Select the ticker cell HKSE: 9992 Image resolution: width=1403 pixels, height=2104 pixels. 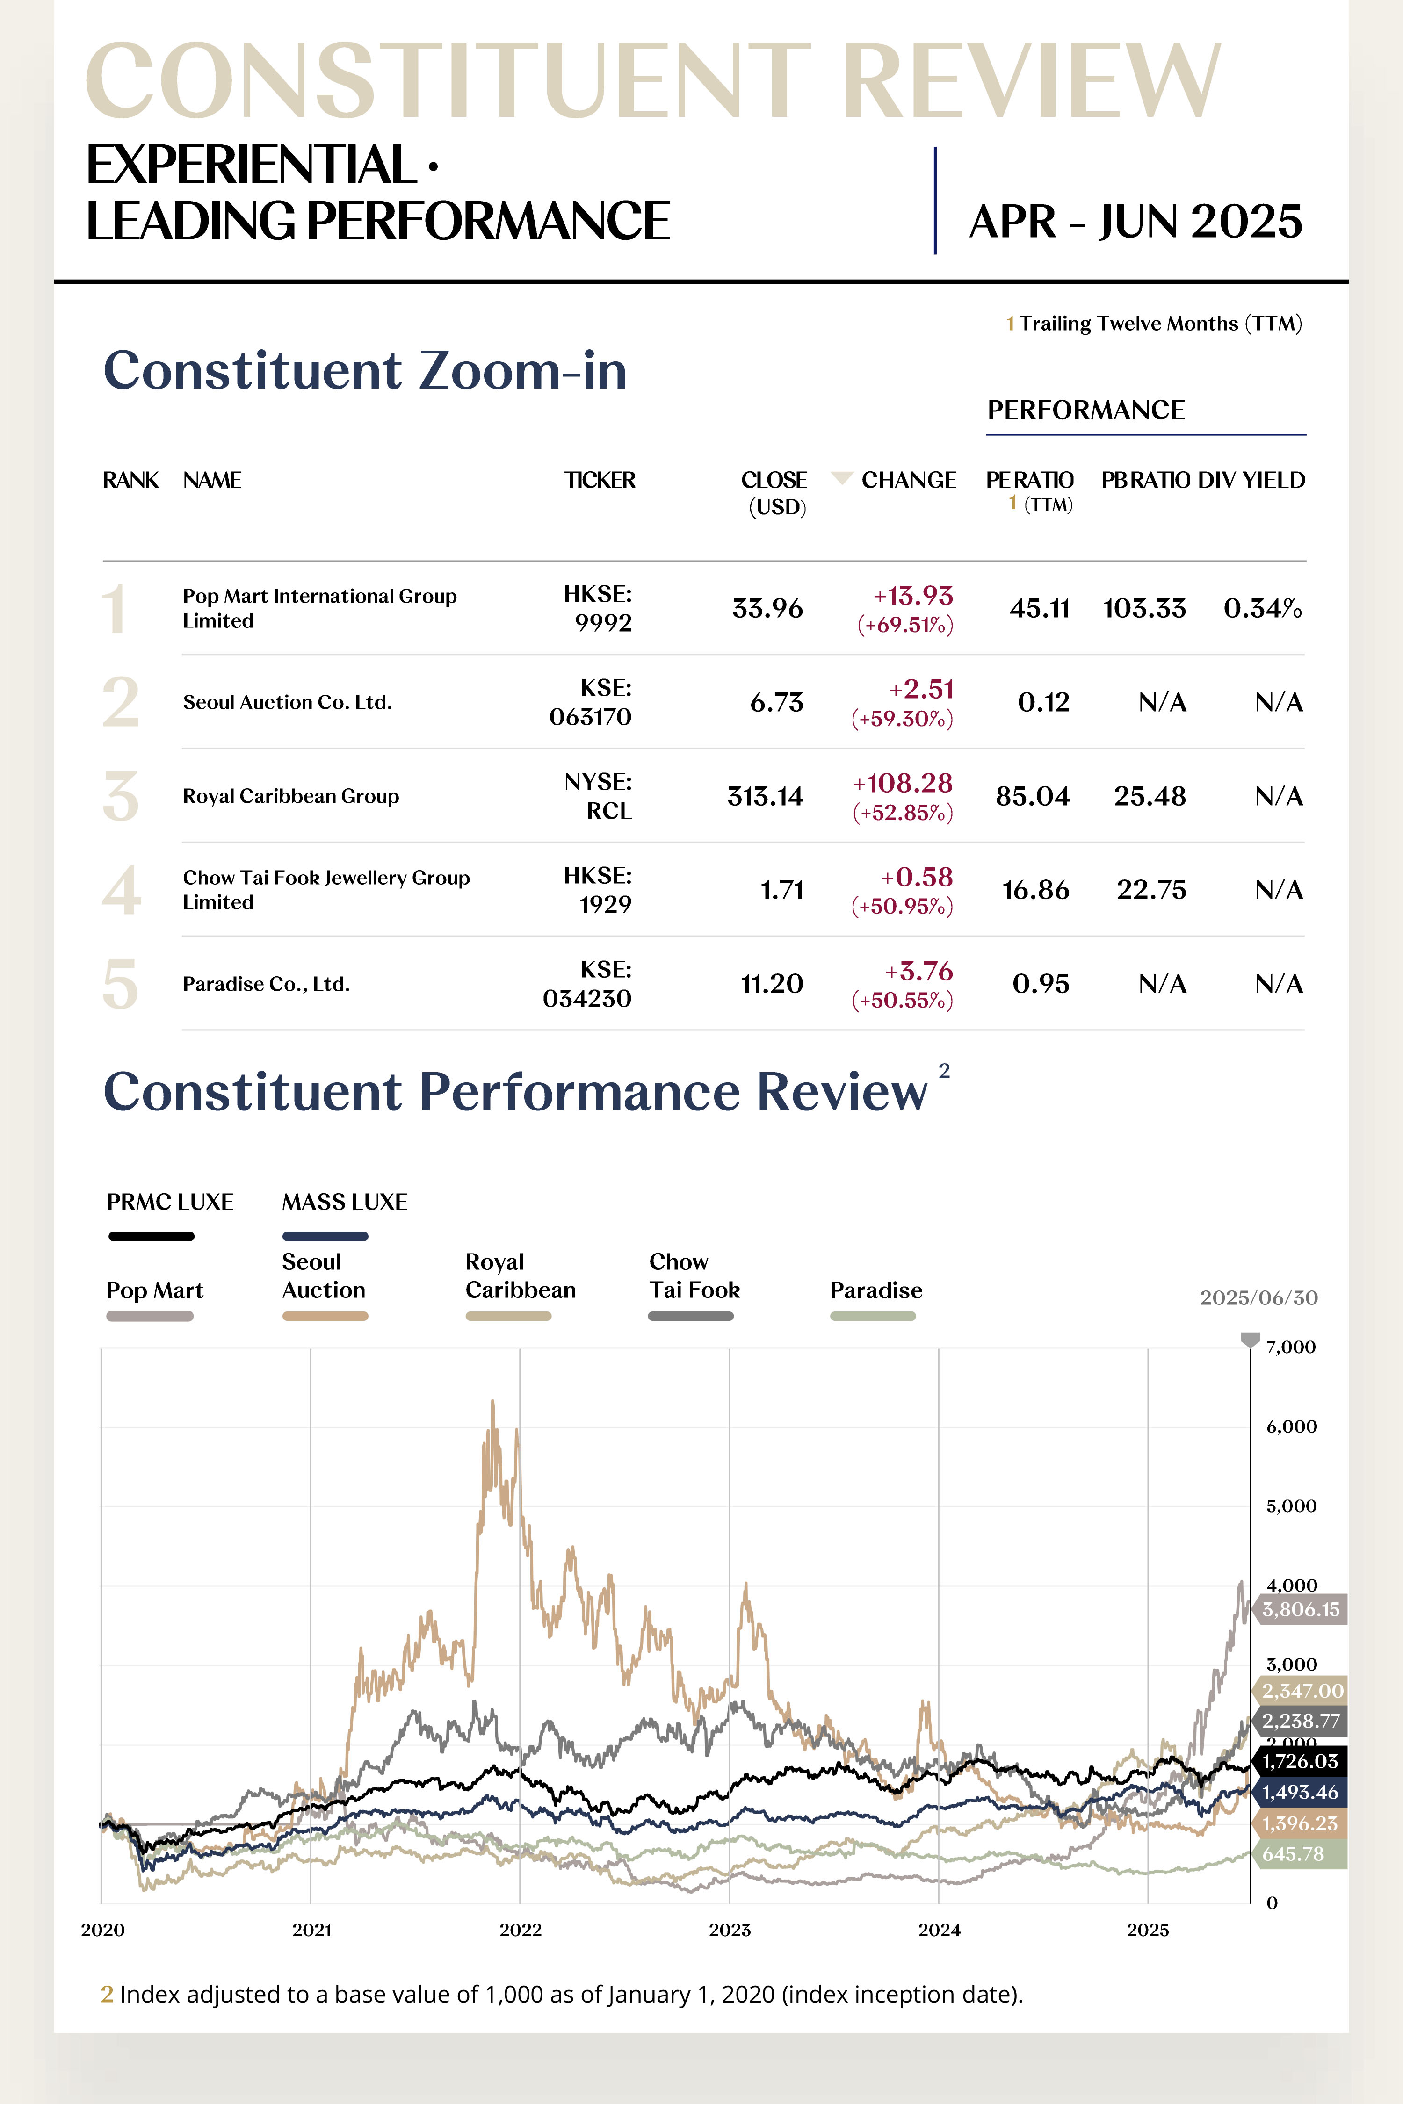[x=598, y=608]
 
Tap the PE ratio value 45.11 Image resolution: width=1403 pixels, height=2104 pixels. [x=1040, y=608]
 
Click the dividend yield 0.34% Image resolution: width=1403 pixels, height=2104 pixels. [x=1263, y=608]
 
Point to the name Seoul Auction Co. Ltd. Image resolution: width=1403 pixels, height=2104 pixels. [x=287, y=702]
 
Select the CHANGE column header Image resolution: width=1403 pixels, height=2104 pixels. [x=908, y=480]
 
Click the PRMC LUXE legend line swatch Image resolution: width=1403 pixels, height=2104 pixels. [x=151, y=1236]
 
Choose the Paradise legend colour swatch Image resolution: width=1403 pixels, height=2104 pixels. [x=872, y=1316]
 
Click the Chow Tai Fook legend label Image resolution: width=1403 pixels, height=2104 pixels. [x=694, y=1275]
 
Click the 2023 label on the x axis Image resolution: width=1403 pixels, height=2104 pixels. [x=730, y=1930]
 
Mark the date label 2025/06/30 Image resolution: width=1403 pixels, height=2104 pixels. [x=1258, y=1298]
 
